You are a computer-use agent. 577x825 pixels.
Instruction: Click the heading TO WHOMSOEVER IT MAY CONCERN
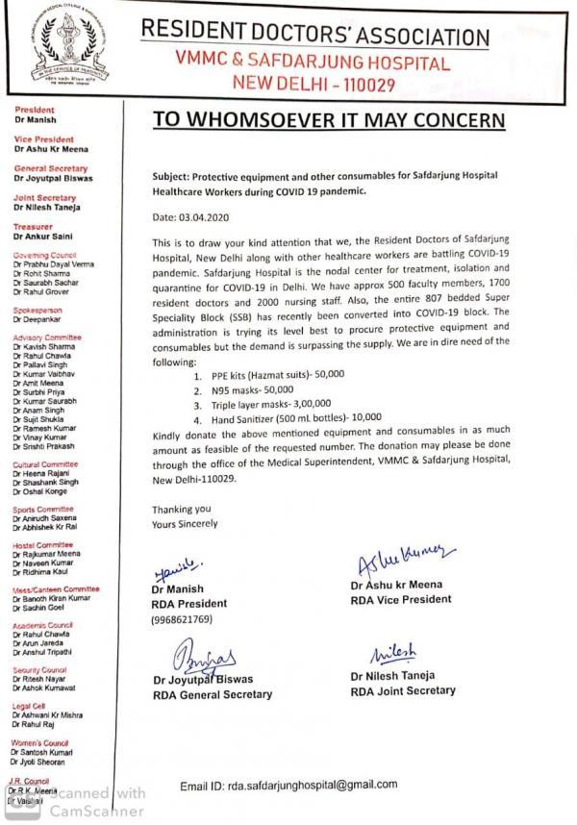[328, 120]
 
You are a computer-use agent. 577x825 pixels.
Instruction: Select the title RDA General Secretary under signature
[213, 694]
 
